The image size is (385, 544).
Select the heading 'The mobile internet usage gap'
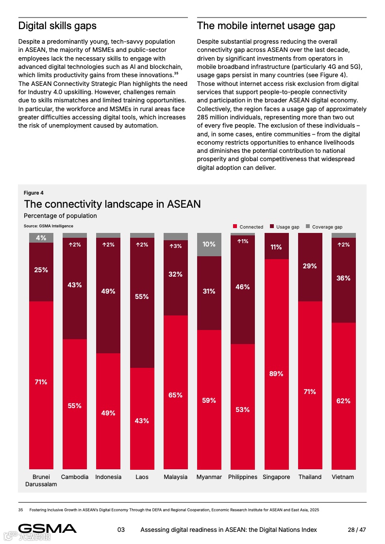(266, 26)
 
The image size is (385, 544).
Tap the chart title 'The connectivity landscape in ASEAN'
(112, 204)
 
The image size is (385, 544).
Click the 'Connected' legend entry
(248, 227)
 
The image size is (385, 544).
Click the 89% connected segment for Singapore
(276, 364)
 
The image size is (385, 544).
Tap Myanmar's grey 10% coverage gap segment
(209, 245)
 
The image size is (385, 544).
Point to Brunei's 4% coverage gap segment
(41, 238)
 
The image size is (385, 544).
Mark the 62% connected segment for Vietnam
(343, 396)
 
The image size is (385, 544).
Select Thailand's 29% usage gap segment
(310, 267)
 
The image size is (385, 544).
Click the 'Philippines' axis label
(243, 477)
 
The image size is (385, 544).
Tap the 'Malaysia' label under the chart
(175, 477)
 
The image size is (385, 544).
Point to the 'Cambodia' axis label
(75, 477)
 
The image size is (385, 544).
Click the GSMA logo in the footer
(48, 529)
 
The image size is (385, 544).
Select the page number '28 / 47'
(357, 529)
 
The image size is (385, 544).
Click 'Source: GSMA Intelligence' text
(49, 226)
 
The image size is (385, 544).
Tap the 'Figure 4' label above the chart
(33, 193)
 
